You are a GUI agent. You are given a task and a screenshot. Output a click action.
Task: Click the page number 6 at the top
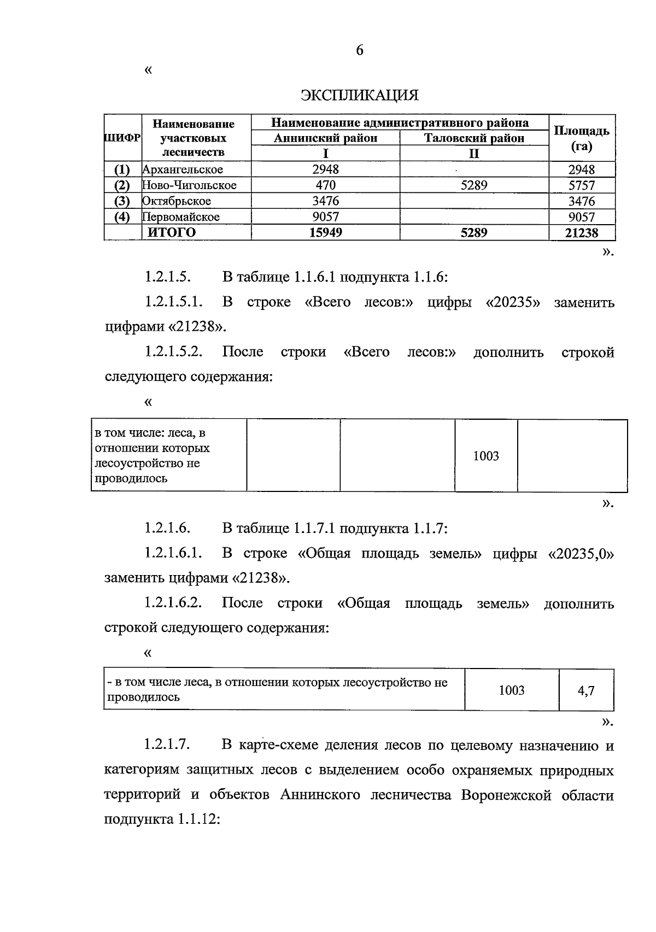(359, 50)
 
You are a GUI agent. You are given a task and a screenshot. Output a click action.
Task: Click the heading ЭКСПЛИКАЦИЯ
(359, 96)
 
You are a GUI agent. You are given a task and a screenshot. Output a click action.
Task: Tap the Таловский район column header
(474, 138)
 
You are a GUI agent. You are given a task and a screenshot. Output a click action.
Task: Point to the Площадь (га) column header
(582, 138)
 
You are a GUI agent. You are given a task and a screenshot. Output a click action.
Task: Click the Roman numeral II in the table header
(474, 154)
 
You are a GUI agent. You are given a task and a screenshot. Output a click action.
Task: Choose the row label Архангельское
(183, 169)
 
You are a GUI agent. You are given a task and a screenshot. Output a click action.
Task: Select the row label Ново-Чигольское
(189, 185)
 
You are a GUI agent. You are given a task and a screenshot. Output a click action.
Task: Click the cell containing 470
(325, 185)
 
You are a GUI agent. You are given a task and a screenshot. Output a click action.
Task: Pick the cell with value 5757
(582, 185)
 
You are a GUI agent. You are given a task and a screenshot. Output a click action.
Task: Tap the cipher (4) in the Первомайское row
(122, 217)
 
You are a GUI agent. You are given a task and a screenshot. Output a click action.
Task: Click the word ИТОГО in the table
(172, 232)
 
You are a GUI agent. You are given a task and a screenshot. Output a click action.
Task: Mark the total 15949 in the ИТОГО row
(325, 232)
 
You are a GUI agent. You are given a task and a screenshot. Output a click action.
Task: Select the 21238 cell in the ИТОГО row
(582, 233)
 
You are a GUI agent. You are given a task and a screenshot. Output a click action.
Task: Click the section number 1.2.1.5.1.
(174, 302)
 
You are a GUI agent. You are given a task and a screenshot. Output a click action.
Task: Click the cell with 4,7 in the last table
(586, 690)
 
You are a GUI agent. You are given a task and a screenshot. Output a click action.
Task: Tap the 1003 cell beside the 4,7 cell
(512, 690)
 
